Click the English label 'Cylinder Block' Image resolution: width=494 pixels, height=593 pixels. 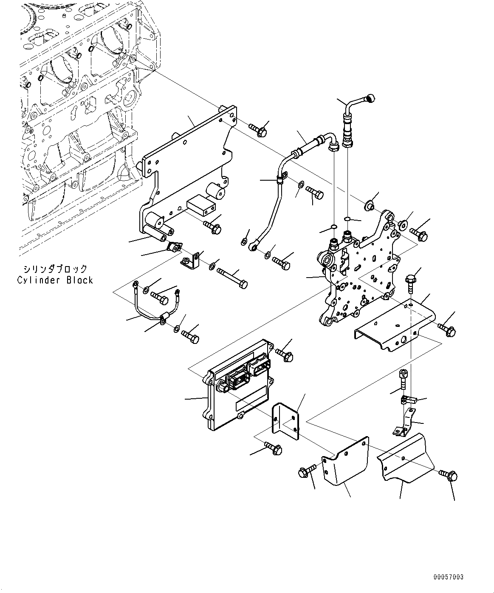(55, 281)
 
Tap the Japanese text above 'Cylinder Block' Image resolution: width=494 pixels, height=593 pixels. (55, 269)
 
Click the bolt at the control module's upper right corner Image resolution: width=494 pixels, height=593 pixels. (284, 355)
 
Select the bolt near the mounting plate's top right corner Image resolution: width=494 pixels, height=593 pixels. (258, 129)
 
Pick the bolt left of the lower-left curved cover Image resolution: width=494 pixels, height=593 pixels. (308, 471)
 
